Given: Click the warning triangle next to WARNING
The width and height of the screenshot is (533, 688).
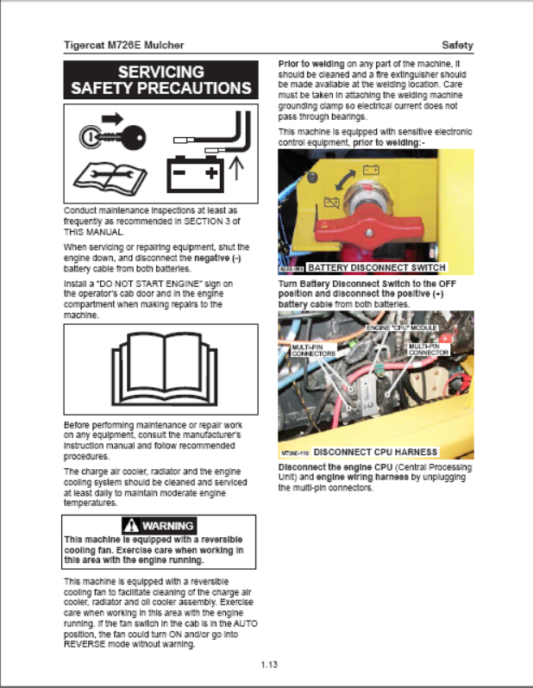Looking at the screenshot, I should coord(130,525).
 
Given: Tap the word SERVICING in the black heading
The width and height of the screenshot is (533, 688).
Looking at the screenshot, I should coord(161,72).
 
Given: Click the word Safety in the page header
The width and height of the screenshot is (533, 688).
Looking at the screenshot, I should coord(456,45).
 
